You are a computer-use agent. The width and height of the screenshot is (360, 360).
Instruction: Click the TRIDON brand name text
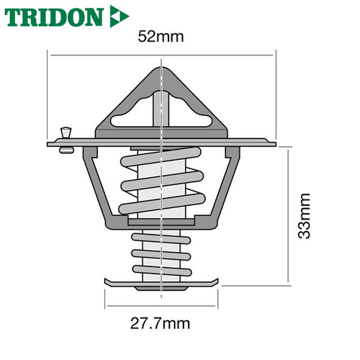click(54, 17)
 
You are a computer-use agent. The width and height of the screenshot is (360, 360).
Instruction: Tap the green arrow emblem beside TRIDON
click(120, 17)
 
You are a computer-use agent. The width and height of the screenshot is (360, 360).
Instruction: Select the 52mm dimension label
click(161, 37)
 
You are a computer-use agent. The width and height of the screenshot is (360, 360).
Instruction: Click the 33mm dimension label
click(304, 216)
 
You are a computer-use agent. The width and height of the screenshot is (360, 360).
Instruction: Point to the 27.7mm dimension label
click(160, 323)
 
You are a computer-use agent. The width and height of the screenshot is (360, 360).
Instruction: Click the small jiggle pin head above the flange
click(66, 132)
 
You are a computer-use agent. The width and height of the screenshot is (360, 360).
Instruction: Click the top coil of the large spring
click(161, 157)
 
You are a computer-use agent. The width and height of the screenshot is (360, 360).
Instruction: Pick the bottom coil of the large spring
click(162, 204)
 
